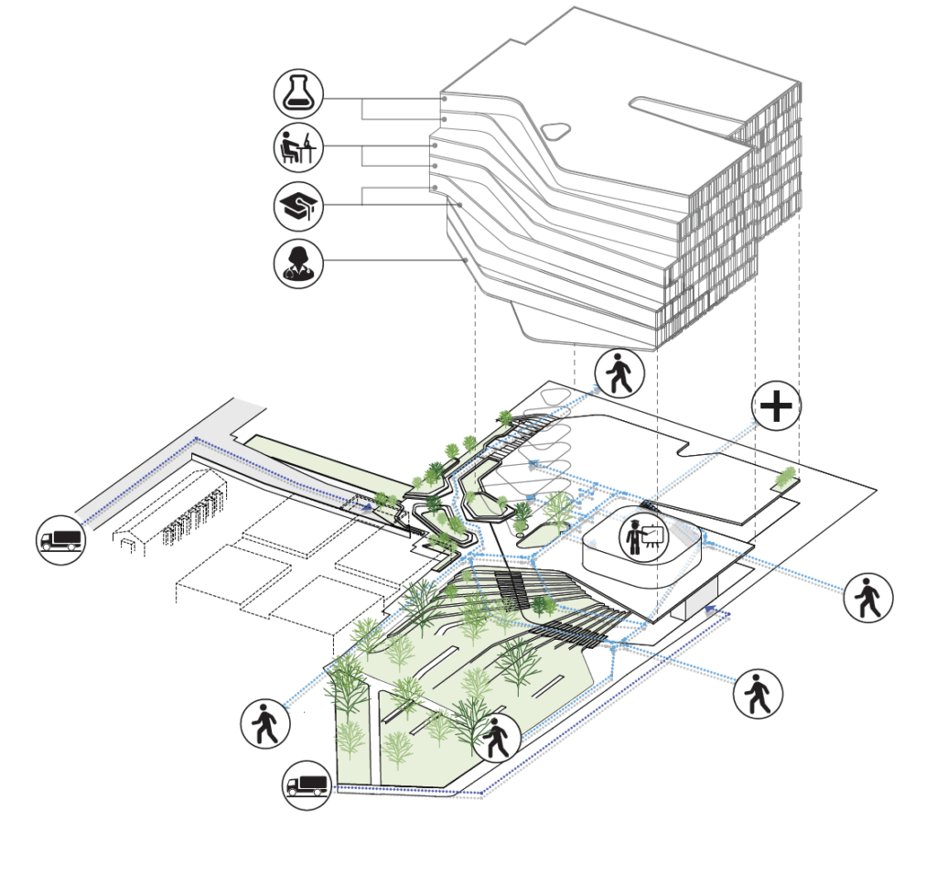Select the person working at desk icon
(299, 146)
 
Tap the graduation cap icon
(299, 206)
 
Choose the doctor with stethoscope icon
(299, 263)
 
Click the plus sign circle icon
(776, 406)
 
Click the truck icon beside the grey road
(61, 537)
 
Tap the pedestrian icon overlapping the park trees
(495, 737)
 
